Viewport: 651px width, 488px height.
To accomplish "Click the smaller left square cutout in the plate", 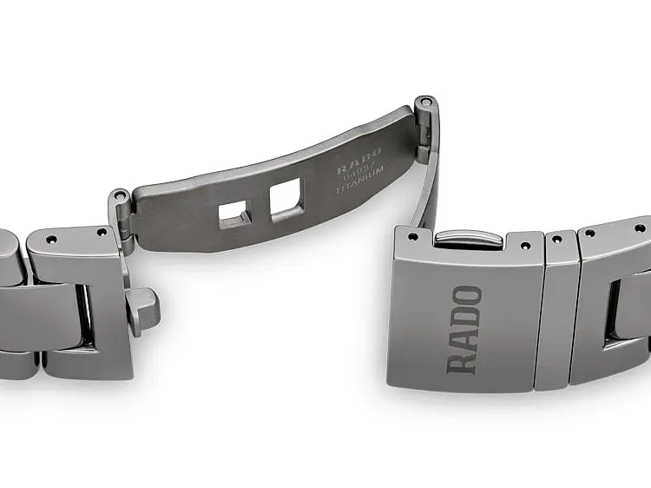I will (232, 214).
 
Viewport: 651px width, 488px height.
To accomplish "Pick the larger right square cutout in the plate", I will (284, 201).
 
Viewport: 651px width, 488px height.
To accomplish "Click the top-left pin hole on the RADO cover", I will (411, 235).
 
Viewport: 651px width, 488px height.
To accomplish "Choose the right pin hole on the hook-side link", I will (102, 233).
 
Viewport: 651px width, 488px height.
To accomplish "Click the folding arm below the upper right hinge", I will (427, 191).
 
